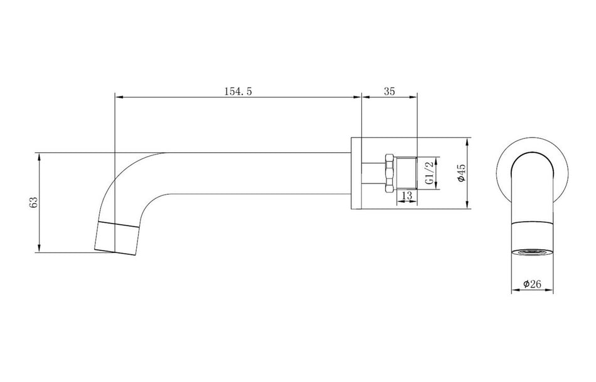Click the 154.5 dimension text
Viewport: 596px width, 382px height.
pyautogui.click(x=238, y=91)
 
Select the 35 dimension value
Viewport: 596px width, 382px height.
pyautogui.click(x=389, y=91)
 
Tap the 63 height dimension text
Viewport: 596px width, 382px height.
pyautogui.click(x=34, y=202)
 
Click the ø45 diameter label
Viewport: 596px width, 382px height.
pyautogui.click(x=461, y=172)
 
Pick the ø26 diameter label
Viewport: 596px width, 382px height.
pyautogui.click(x=532, y=284)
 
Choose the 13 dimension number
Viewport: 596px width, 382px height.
pyautogui.click(x=406, y=196)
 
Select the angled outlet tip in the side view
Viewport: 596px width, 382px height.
pyautogui.click(x=116, y=238)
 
